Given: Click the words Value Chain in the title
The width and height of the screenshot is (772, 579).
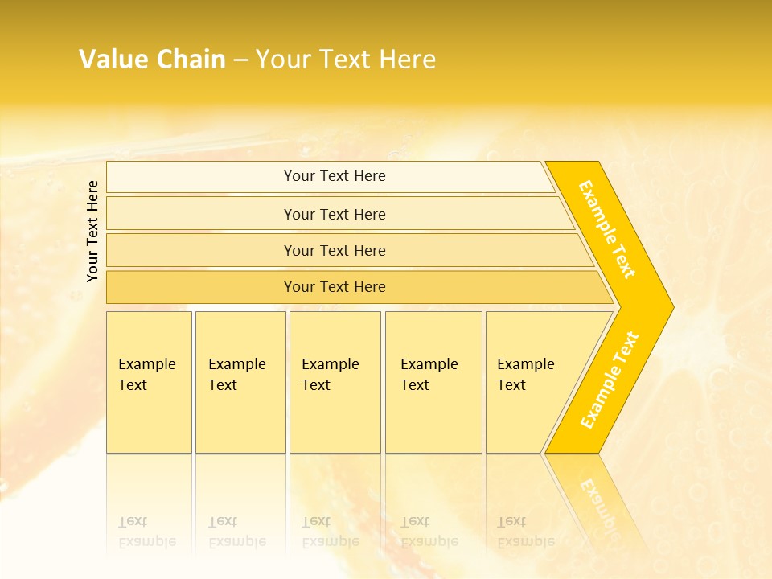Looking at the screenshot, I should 152,60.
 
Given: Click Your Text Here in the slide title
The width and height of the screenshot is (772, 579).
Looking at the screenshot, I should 346,60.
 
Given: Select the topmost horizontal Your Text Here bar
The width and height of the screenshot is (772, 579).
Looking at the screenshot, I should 335,176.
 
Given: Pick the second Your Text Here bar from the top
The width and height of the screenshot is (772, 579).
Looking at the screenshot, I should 335,214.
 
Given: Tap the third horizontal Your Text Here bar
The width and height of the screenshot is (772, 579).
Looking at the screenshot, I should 335,250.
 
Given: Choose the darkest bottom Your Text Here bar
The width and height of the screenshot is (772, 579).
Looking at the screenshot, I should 335,287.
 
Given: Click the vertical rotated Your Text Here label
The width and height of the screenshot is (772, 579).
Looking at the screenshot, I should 92,231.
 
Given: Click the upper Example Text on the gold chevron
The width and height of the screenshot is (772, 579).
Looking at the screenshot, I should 607,229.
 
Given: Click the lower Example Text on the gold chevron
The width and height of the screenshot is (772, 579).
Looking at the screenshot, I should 610,380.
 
